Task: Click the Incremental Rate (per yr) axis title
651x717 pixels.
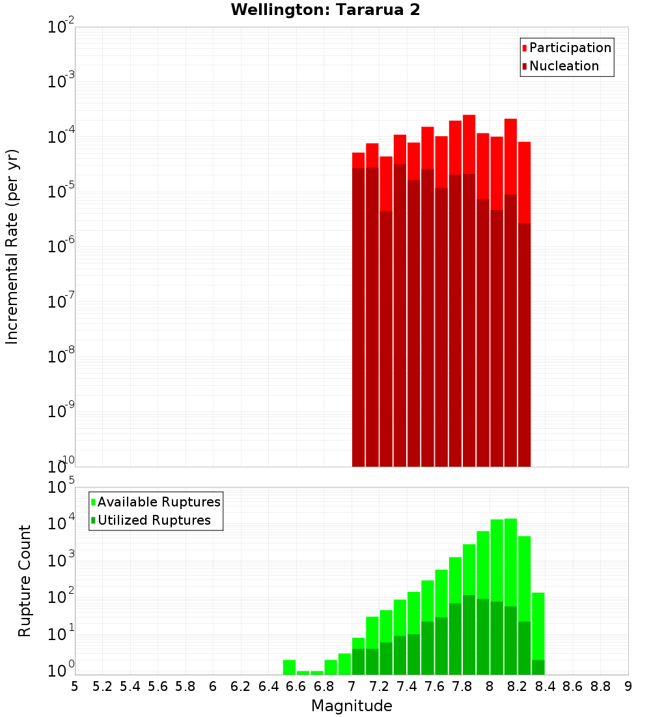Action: click(12, 246)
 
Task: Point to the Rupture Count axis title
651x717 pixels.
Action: click(25, 580)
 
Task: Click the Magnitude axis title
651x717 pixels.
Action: click(352, 706)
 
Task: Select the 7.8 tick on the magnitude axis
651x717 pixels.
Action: click(462, 686)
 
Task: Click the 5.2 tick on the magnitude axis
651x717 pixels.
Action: click(102, 686)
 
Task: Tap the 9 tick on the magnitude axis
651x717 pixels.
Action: click(628, 686)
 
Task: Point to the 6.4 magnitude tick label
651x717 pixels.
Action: click(268, 686)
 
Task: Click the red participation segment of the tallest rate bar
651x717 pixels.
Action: click(469, 143)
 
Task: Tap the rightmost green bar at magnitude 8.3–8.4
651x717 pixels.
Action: click(538, 626)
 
